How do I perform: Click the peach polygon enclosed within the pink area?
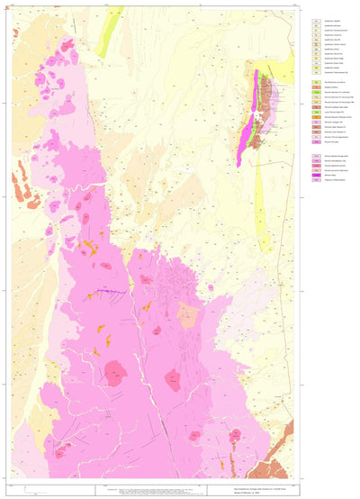coord(186,315)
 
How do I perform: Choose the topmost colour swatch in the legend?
coord(315,20)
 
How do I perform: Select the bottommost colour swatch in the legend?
coord(315,181)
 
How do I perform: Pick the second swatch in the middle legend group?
coord(315,88)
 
